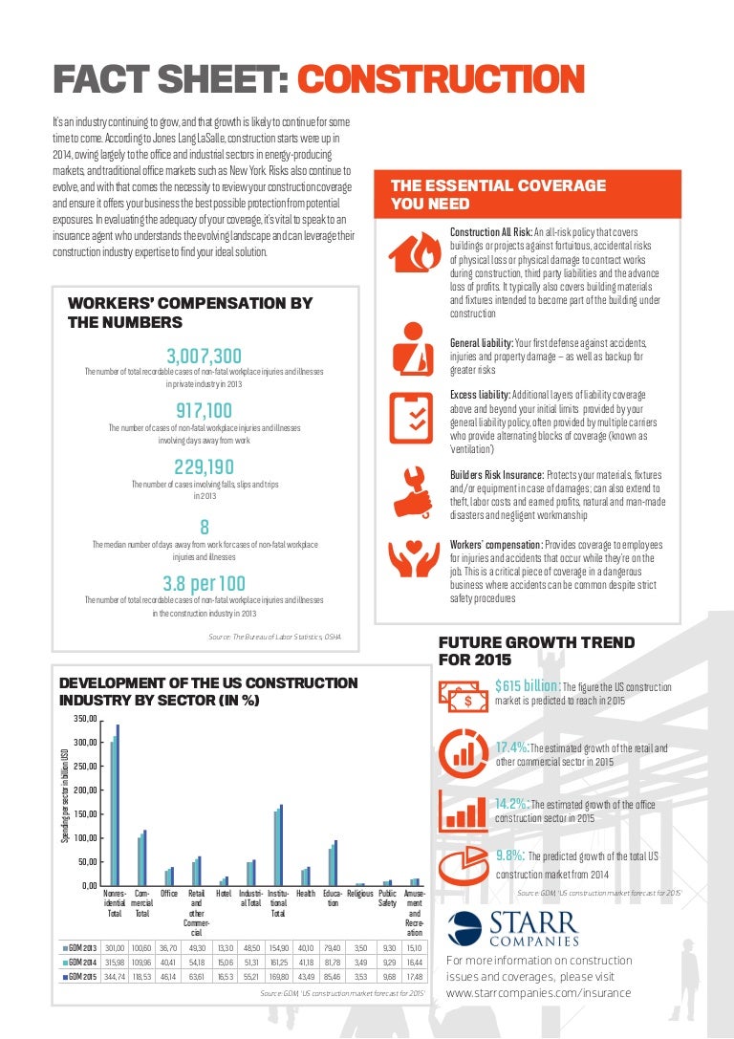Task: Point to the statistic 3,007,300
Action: [203, 357]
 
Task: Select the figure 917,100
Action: [204, 412]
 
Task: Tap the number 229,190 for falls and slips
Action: [204, 467]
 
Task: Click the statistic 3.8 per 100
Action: [204, 583]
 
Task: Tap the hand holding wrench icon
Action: [412, 488]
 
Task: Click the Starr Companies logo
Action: [513, 928]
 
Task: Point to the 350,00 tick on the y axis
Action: [86, 719]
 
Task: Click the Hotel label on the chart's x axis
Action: [224, 894]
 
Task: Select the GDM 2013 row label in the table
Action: [80, 947]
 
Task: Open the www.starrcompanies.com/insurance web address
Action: [539, 993]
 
